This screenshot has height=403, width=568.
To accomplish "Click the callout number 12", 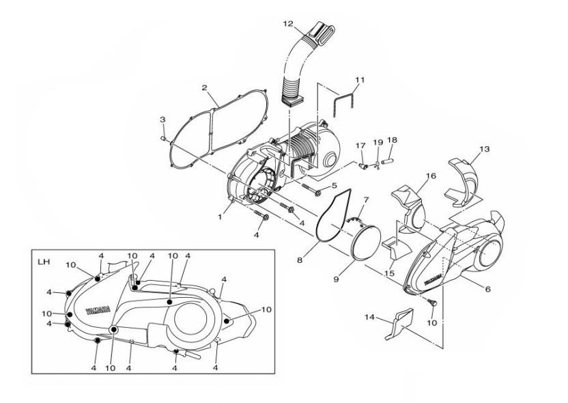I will click(x=288, y=24).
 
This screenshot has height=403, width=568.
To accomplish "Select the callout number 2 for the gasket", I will click(x=204, y=87).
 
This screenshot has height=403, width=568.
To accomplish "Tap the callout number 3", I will click(x=162, y=120).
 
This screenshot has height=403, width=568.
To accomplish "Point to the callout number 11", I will click(x=360, y=80).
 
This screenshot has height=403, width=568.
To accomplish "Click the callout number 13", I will click(x=484, y=148).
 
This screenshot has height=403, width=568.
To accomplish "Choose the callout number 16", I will click(x=431, y=176).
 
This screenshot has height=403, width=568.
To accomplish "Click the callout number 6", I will click(x=488, y=289).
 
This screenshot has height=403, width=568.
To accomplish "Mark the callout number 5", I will click(x=335, y=185).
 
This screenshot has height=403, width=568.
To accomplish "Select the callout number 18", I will click(x=392, y=140).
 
